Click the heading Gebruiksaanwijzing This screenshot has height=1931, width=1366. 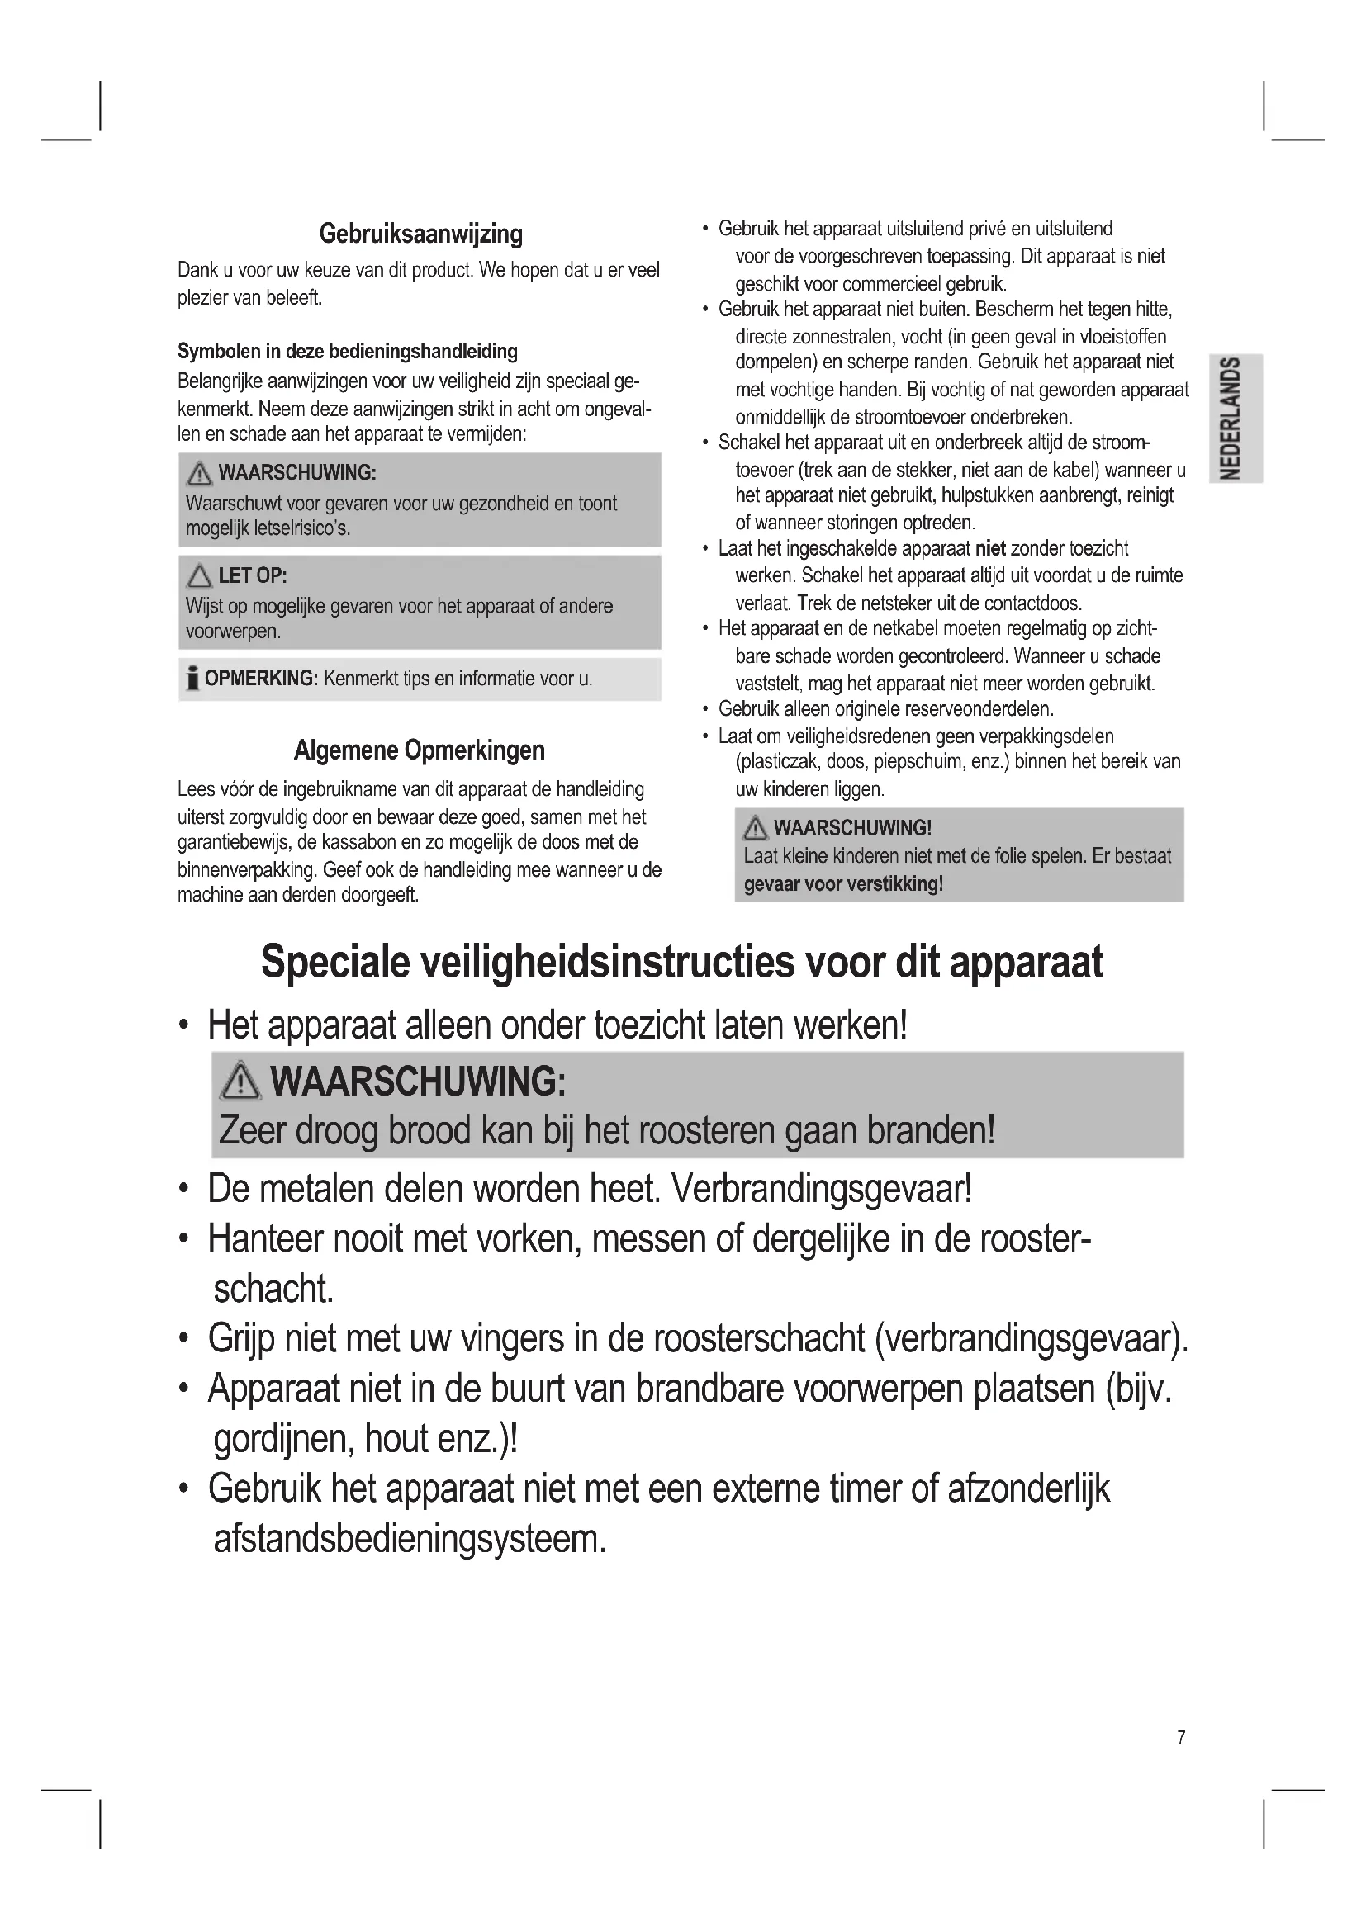click(x=420, y=234)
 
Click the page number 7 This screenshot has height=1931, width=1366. click(x=1181, y=1737)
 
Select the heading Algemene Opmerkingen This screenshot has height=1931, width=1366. click(x=419, y=750)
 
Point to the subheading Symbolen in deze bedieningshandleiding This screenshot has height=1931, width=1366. click(x=348, y=352)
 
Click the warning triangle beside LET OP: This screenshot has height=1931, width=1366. click(x=199, y=576)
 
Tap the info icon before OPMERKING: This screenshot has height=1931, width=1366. click(x=192, y=678)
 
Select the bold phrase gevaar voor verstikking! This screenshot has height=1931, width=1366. click(x=843, y=884)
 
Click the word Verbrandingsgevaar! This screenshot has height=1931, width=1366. click(x=821, y=1189)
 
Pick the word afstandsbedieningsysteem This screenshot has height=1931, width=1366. click(x=410, y=1539)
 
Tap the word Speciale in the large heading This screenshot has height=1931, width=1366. click(x=334, y=962)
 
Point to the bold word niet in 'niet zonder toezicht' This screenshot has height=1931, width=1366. click(x=990, y=549)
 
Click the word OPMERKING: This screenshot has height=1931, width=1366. click(x=261, y=679)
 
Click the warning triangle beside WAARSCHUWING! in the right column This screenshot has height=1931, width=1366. click(x=756, y=828)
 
